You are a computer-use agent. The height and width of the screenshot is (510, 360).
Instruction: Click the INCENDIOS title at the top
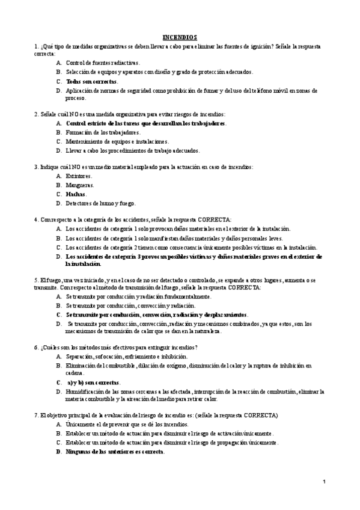pyautogui.click(x=180, y=37)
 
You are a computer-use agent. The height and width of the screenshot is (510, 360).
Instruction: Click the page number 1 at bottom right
pyautogui.click(x=324, y=482)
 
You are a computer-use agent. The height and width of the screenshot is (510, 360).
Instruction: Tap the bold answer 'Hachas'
pyautogui.click(x=76, y=194)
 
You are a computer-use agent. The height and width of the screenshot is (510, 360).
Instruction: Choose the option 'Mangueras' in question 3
pyautogui.click(x=80, y=185)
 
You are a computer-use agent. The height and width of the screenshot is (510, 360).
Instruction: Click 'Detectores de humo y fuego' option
pyautogui.click(x=101, y=203)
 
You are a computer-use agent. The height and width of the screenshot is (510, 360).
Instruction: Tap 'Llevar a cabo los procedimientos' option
pyautogui.click(x=132, y=150)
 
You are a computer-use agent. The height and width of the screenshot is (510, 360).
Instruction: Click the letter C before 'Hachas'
pyautogui.click(x=58, y=194)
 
